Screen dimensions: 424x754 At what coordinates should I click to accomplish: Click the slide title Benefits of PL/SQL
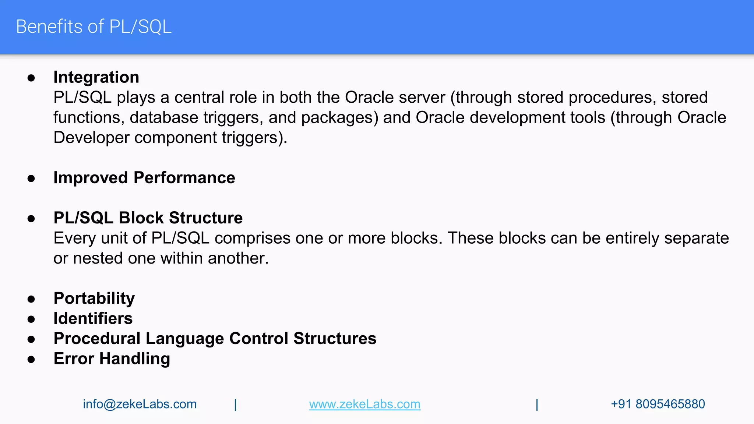click(x=94, y=27)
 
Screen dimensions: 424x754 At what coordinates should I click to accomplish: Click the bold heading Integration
click(x=96, y=77)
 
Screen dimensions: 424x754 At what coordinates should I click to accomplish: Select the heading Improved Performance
click(x=144, y=178)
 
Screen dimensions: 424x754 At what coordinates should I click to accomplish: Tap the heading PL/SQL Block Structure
click(x=148, y=218)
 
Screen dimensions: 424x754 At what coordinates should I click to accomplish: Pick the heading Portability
click(x=94, y=298)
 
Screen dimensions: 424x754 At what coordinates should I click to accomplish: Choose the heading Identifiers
click(x=93, y=318)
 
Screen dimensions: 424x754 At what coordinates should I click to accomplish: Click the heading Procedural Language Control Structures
click(x=215, y=339)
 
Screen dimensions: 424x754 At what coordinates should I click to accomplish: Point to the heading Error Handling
click(x=112, y=359)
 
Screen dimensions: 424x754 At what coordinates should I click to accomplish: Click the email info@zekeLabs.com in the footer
click(x=140, y=404)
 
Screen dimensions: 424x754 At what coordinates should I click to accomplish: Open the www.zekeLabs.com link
click(x=364, y=404)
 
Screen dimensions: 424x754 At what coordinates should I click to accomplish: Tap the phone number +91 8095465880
click(x=658, y=404)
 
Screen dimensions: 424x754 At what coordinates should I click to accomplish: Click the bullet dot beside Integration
click(x=31, y=78)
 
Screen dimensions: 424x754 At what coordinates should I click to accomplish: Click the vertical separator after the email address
click(x=235, y=404)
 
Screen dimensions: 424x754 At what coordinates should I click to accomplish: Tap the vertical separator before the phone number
click(x=537, y=404)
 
